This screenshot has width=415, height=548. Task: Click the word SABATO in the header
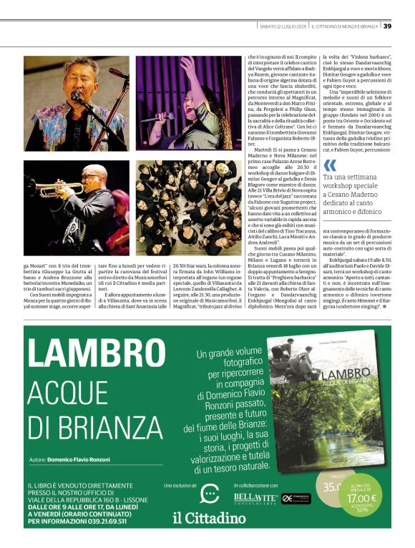coord(270,27)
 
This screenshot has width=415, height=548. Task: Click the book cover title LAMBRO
coord(347,377)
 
